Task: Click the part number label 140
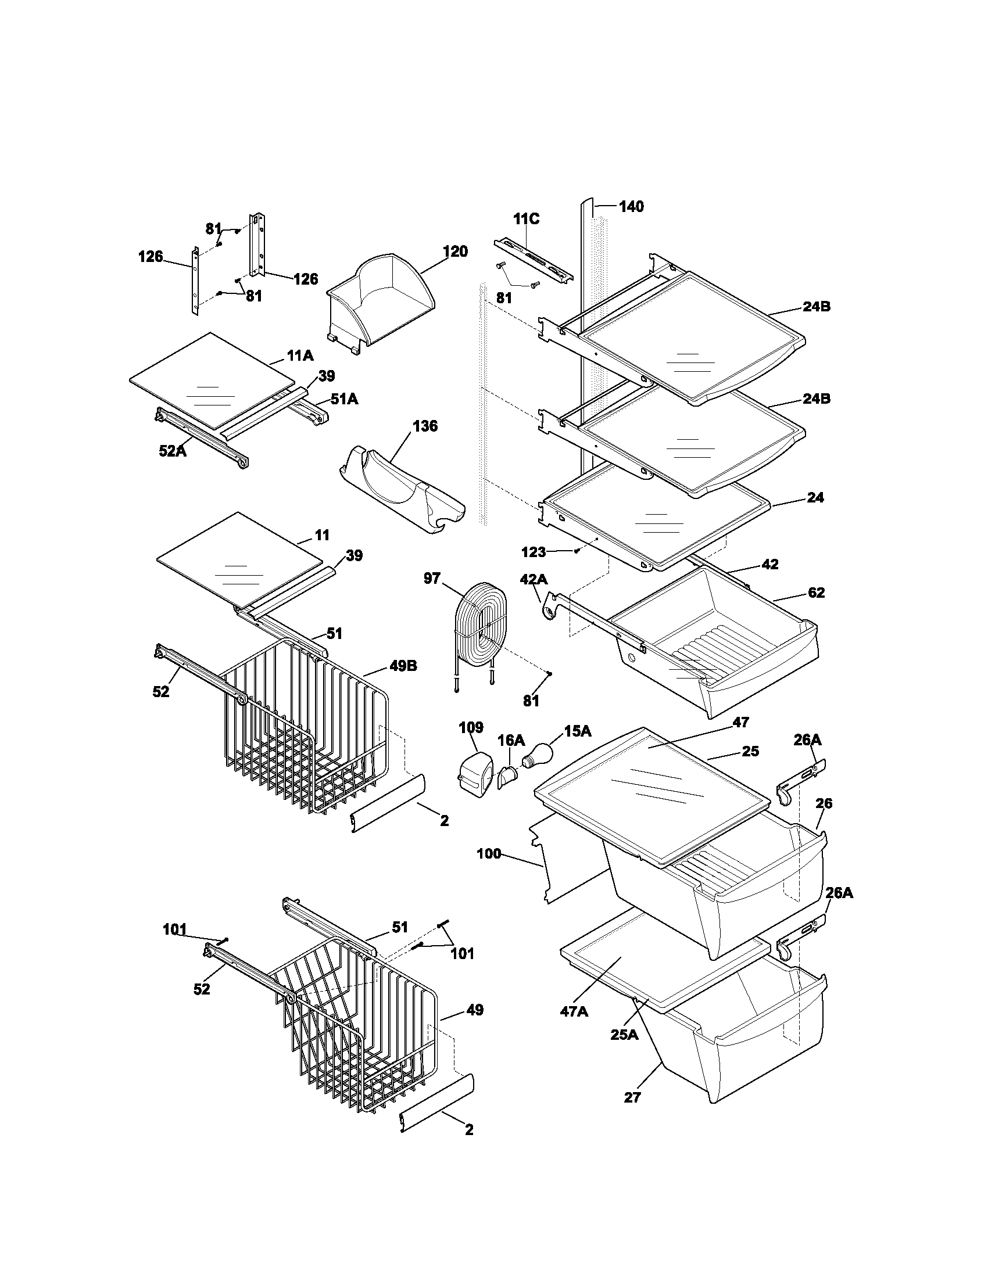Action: [631, 207]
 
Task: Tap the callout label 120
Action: [455, 252]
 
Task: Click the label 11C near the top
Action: [526, 219]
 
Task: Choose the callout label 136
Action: [425, 426]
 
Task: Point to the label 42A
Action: [533, 579]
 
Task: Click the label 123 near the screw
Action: [533, 552]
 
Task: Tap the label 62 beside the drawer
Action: [816, 593]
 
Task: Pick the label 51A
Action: [344, 399]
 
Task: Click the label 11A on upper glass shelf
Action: [300, 355]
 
